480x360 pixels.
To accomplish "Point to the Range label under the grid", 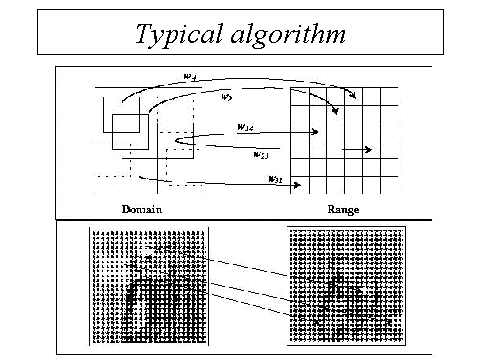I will point(344,210).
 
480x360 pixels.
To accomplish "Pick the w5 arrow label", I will point(226,98).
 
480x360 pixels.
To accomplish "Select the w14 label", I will point(245,127).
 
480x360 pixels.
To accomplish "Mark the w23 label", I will point(261,154).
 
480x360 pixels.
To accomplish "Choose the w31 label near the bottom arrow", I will point(274,178).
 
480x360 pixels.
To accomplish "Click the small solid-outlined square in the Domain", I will point(129,132).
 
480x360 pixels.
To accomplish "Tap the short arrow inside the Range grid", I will point(357,150).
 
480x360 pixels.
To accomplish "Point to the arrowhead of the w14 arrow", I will point(315,131).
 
